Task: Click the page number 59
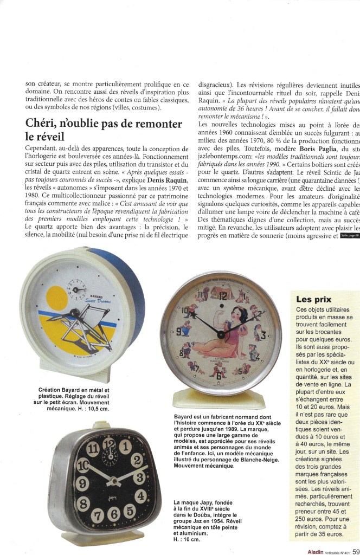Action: (x=355, y=548)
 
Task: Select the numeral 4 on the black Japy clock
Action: (x=140, y=495)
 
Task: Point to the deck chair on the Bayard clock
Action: (x=100, y=325)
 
